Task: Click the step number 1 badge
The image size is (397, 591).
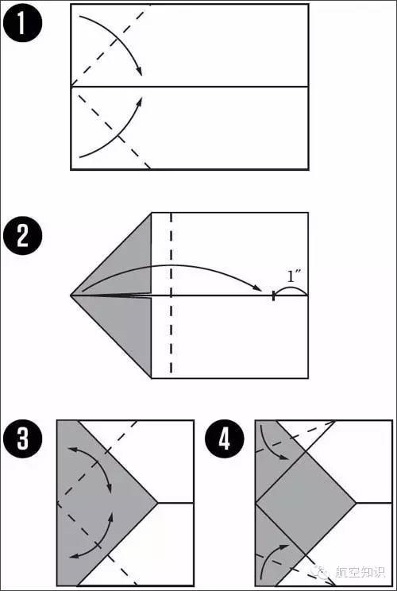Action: point(22,22)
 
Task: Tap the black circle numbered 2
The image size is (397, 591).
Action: point(22,236)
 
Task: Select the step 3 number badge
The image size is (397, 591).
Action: point(22,439)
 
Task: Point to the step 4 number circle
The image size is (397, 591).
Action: point(225,439)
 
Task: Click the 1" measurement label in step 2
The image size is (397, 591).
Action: point(292,277)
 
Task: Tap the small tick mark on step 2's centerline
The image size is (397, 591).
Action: point(273,295)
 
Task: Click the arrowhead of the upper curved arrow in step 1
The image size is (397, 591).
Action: point(140,71)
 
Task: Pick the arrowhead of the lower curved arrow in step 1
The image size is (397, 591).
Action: point(140,101)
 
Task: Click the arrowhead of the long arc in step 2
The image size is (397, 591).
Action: point(257,288)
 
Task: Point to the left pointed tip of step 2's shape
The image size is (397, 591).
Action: point(71,295)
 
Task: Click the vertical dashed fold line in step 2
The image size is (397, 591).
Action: point(172,295)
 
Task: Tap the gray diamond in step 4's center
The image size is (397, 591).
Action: point(306,503)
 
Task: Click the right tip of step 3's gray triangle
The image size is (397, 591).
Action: point(157,503)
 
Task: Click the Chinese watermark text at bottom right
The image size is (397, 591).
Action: point(360,573)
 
